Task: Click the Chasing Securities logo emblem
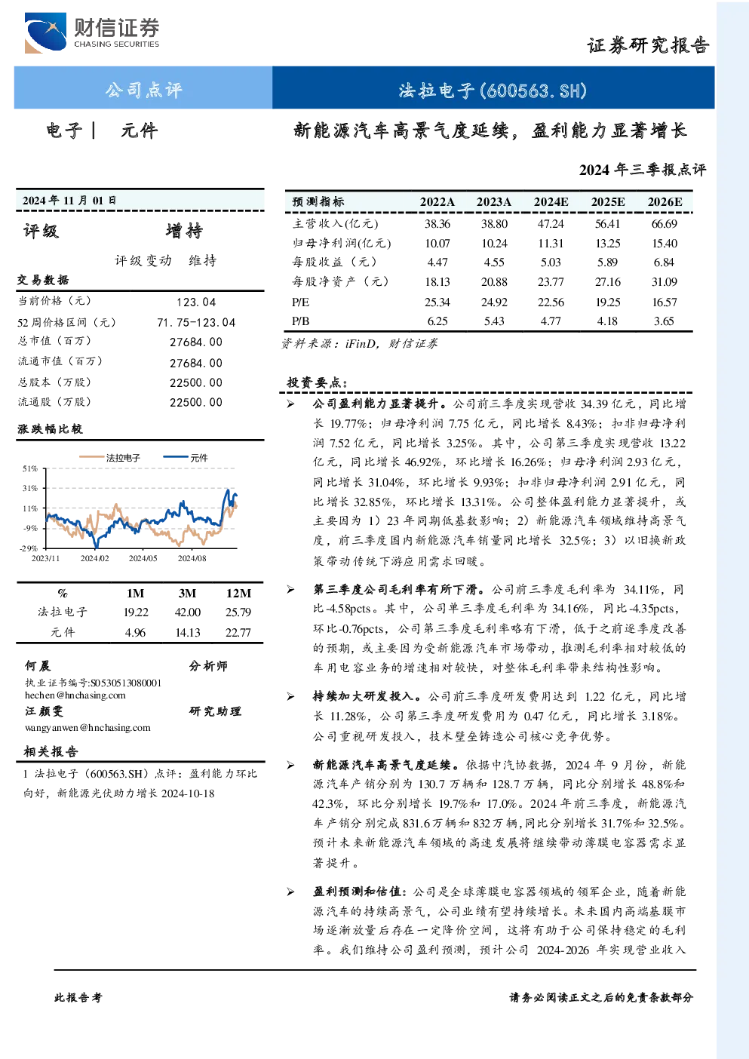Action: (x=45, y=32)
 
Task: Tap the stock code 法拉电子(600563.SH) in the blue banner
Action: (x=493, y=90)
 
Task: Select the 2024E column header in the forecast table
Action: (x=551, y=202)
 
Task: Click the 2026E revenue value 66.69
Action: (x=665, y=223)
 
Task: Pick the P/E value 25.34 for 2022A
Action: (x=437, y=302)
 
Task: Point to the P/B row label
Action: (x=301, y=321)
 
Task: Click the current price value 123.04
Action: (x=196, y=302)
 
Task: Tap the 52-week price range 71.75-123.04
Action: (x=196, y=322)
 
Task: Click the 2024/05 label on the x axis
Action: (x=143, y=558)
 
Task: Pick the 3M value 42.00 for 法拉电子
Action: (x=188, y=612)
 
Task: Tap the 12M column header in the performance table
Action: (x=238, y=593)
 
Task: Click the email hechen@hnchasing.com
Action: (x=75, y=695)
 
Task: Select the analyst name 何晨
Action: (x=38, y=666)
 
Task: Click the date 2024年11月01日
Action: (x=69, y=201)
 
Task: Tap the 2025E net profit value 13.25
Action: (x=608, y=244)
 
